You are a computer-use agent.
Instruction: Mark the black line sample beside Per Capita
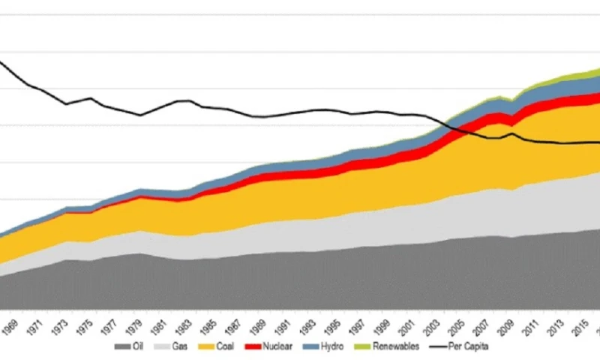(x=438, y=346)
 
